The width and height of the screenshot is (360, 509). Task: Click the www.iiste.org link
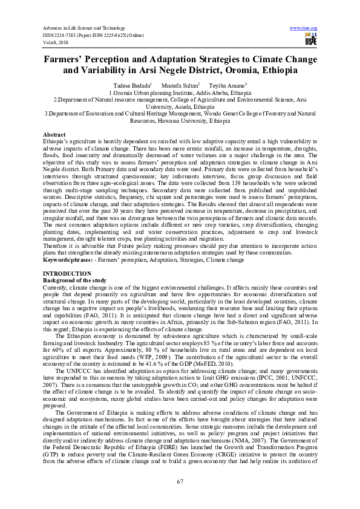click(304, 28)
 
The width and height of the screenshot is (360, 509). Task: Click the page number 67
click(180, 481)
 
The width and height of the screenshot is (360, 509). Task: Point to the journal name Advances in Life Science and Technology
click(83, 28)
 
